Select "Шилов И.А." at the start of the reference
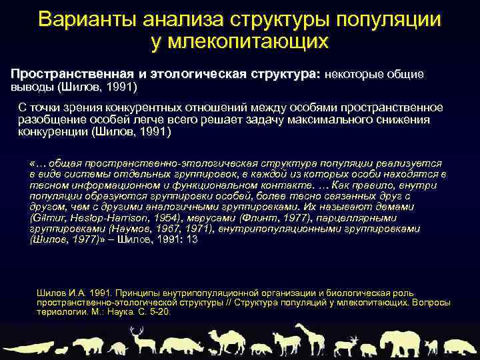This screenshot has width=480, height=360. click(x=58, y=293)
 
